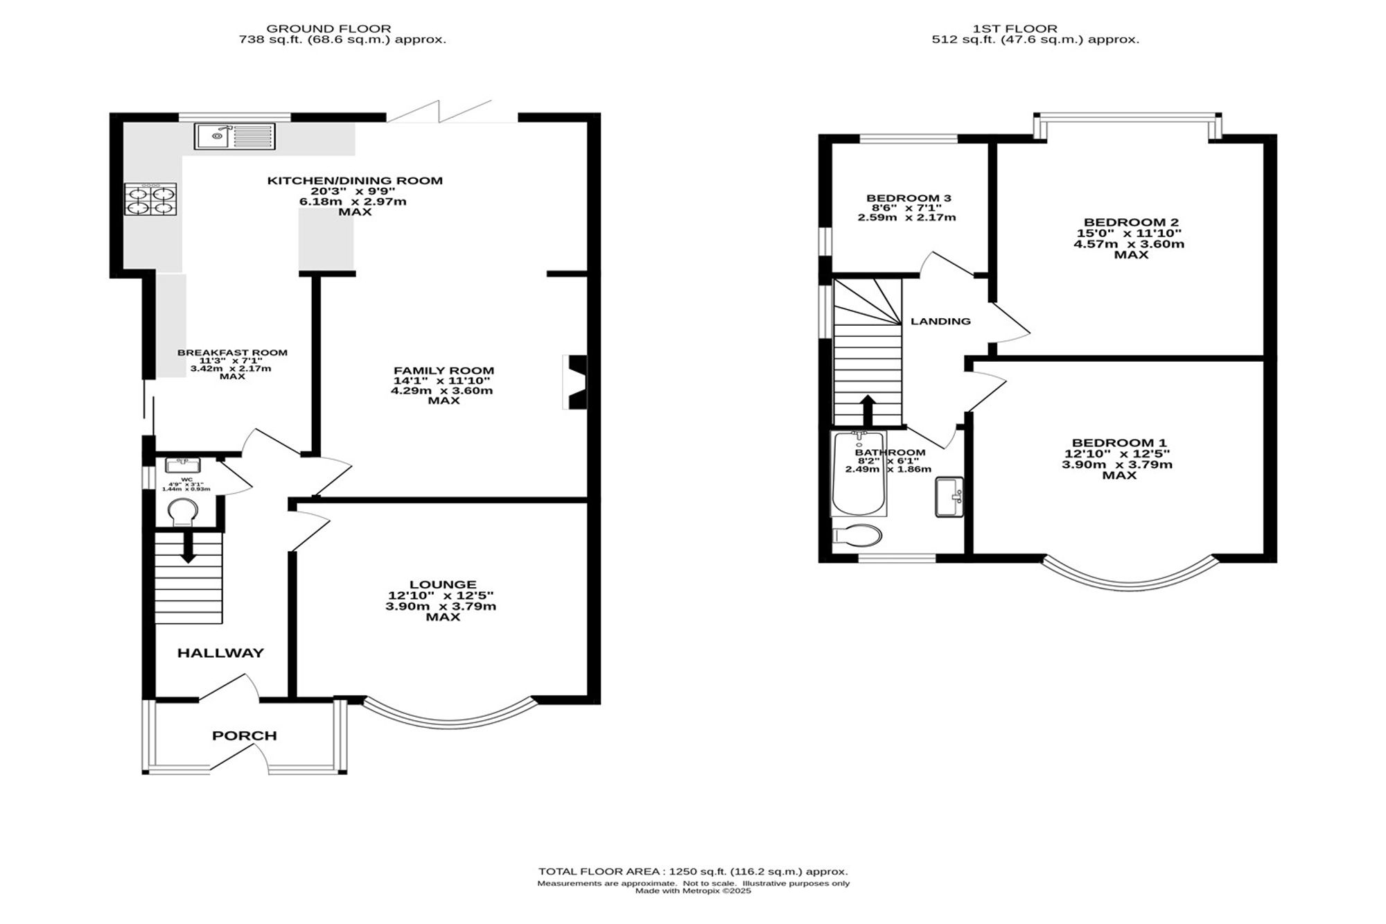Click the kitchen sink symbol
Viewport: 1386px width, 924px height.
click(x=235, y=136)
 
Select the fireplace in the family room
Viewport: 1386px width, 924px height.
click(x=574, y=383)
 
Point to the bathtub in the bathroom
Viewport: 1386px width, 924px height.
click(x=859, y=474)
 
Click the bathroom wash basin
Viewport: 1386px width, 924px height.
click(x=949, y=497)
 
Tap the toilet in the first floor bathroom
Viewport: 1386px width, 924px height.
click(x=857, y=536)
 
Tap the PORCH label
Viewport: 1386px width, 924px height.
click(x=245, y=735)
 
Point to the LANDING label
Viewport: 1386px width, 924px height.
click(x=940, y=321)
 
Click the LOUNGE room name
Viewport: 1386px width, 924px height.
click(x=442, y=585)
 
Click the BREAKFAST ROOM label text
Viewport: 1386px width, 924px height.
click(x=232, y=353)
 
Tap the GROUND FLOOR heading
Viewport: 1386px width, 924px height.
click(x=329, y=28)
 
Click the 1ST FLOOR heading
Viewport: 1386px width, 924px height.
click(x=1015, y=28)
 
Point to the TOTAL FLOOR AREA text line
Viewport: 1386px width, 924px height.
click(x=693, y=871)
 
